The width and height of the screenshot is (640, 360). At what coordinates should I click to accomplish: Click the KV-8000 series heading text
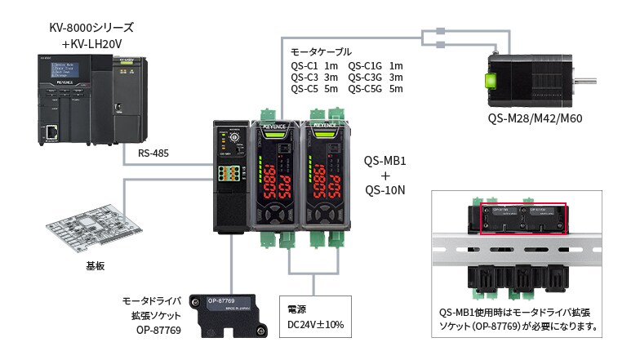[x=91, y=28]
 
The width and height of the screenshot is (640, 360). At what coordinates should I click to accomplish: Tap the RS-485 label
[x=154, y=152]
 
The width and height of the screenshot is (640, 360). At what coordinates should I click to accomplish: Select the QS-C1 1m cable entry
[x=314, y=66]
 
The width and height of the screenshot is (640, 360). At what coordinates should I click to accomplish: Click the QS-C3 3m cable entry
[x=314, y=78]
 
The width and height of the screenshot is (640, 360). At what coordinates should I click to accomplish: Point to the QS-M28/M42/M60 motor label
[x=536, y=118]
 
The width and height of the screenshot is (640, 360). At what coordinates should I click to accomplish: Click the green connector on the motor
[x=491, y=81]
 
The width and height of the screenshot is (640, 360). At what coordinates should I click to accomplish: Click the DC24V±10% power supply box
[x=315, y=317]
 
